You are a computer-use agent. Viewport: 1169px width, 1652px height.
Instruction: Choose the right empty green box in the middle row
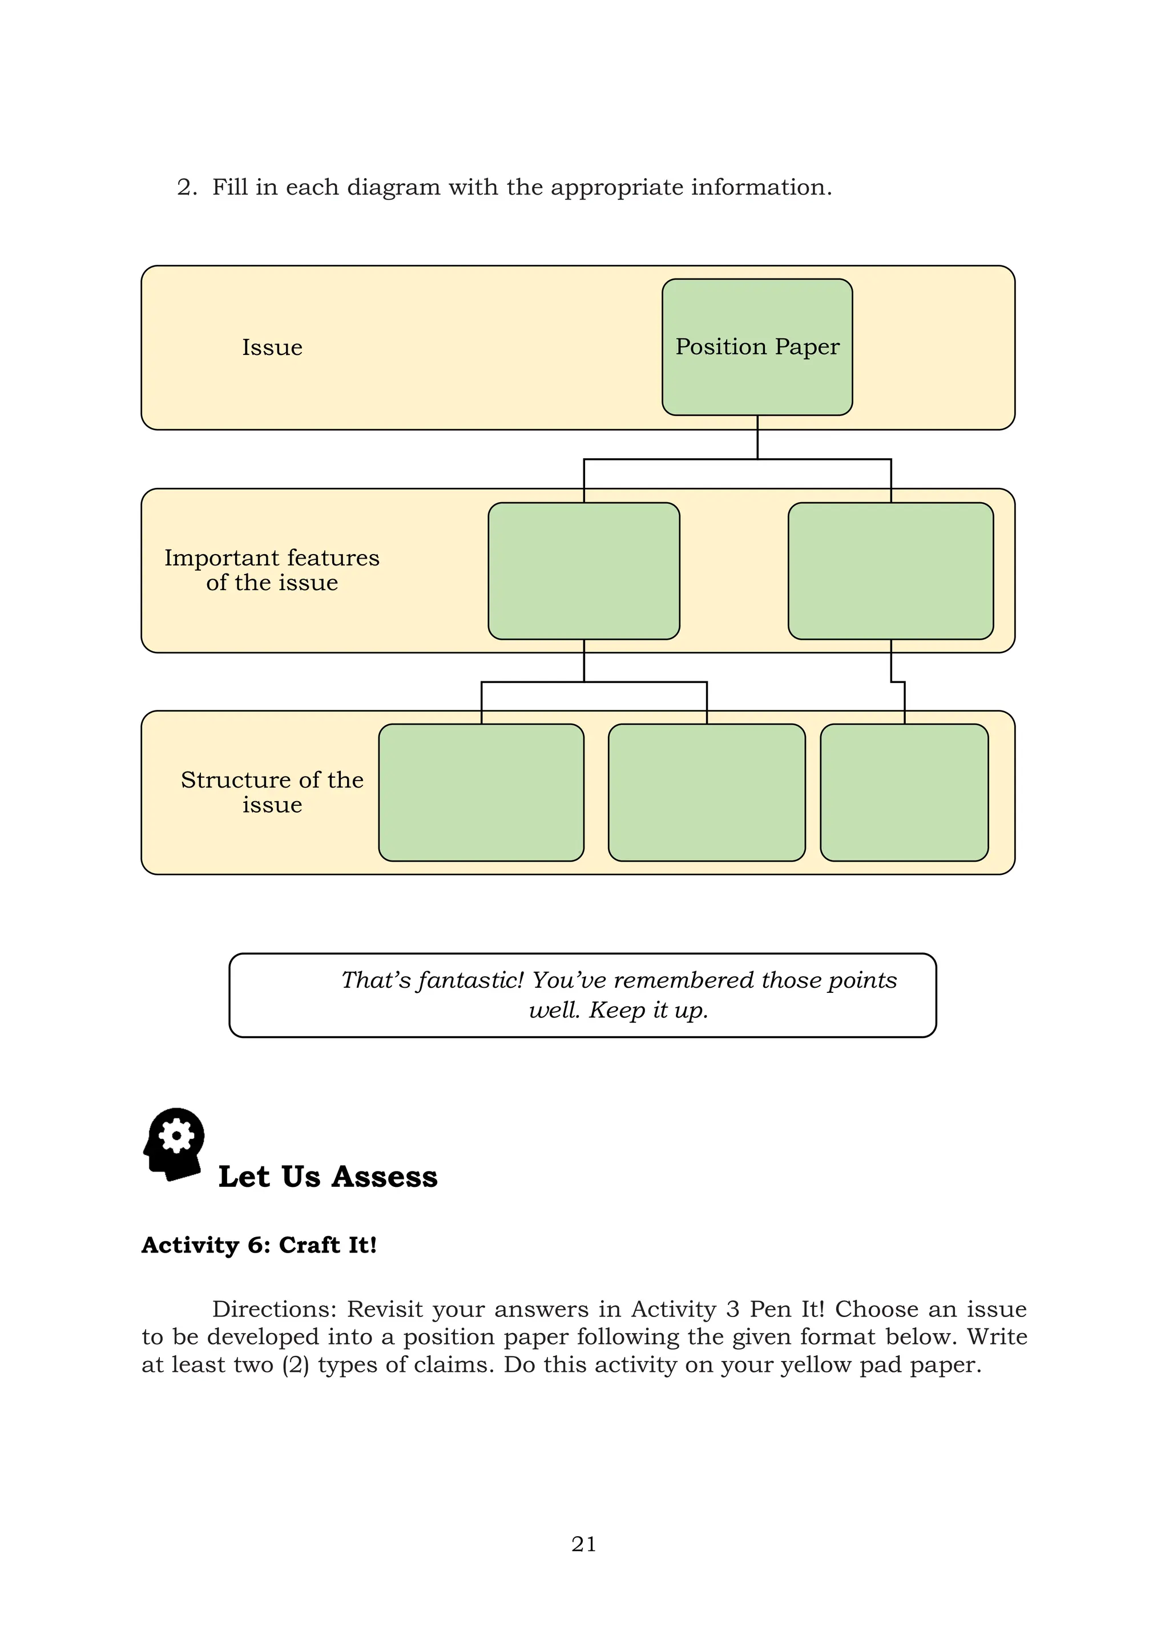[x=890, y=571]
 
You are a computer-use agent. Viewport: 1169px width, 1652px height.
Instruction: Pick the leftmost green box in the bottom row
[x=481, y=792]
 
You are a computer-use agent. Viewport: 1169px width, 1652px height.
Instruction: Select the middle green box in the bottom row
[x=706, y=792]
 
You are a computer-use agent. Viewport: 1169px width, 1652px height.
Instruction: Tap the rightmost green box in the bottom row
[x=904, y=792]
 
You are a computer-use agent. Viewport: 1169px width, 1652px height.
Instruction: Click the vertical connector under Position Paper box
[x=757, y=437]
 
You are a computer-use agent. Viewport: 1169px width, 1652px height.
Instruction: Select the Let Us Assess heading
[x=328, y=1177]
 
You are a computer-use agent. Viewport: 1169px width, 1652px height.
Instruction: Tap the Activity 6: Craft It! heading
[x=259, y=1246]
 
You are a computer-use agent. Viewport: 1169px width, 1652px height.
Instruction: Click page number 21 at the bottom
[x=584, y=1544]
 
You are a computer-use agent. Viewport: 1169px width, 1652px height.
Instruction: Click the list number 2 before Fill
[x=186, y=188]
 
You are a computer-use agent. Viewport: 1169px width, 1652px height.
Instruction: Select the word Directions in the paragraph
[x=273, y=1309]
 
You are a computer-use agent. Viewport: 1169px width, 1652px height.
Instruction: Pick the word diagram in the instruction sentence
[x=393, y=188]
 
